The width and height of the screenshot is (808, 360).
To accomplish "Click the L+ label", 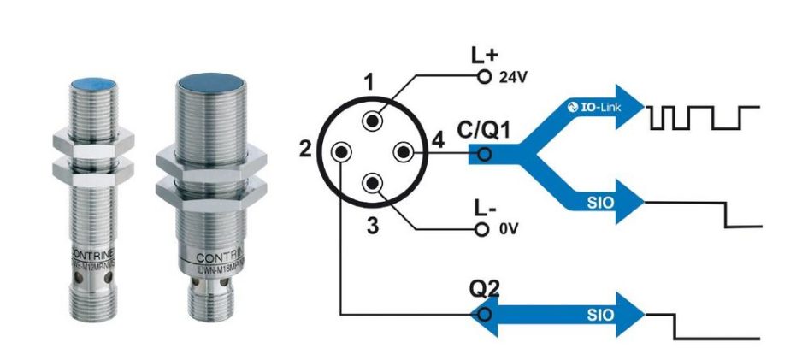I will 484,56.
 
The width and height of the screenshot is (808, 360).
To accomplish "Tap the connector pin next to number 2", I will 341,152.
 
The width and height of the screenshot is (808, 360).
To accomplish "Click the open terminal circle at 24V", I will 484,77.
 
